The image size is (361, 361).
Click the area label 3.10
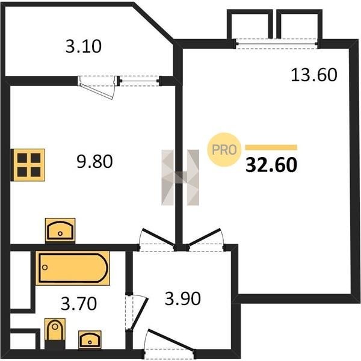coord(84,46)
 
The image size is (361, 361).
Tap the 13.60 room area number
coord(314,75)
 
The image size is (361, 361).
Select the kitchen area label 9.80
coord(94,161)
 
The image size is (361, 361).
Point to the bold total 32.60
coord(271,165)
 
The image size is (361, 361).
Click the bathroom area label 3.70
coord(79,304)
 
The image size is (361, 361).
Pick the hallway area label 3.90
coord(183,299)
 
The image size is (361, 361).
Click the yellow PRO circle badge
coord(224,150)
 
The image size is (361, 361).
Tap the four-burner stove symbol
coord(28,165)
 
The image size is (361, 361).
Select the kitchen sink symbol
coord(60,230)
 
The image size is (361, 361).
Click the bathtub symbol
coord(73,268)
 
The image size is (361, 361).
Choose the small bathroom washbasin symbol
coord(90,339)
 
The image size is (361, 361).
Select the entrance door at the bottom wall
coord(171,341)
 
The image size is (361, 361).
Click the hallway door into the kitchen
coord(158,236)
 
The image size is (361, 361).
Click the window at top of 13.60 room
coord(277,44)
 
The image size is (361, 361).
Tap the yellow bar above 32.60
coord(271,147)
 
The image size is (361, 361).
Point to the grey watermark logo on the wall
coord(180,177)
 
